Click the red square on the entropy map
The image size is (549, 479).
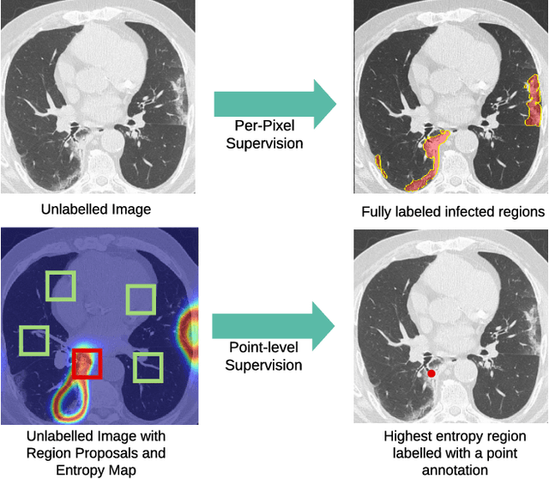(x=87, y=363)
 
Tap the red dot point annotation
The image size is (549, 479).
(x=431, y=373)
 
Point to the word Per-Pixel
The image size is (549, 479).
(x=264, y=127)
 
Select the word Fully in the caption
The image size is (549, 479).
(x=377, y=212)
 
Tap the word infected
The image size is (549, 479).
(x=464, y=212)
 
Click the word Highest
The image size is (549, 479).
(x=410, y=437)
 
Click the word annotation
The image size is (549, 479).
(x=453, y=469)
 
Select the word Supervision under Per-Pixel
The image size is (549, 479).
(x=264, y=142)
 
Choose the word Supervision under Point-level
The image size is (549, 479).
(x=264, y=365)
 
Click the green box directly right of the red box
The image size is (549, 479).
(x=148, y=367)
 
